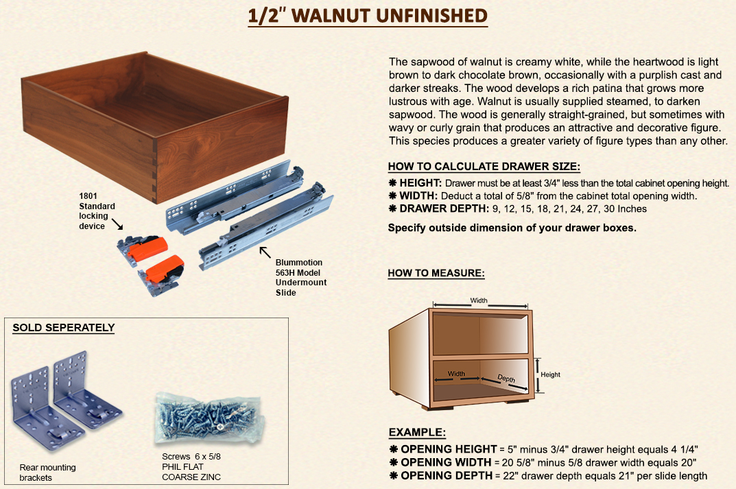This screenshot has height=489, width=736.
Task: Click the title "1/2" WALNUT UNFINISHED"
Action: (368, 16)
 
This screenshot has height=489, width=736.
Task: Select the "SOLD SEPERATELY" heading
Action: (63, 328)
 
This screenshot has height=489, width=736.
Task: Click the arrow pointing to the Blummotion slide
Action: (265, 252)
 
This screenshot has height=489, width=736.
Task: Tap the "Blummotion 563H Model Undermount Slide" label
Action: (301, 277)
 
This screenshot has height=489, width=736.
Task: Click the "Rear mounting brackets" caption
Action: (47, 472)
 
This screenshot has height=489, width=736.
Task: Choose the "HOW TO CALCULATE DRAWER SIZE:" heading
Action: (484, 167)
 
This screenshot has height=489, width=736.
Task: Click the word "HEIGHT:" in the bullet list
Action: (420, 183)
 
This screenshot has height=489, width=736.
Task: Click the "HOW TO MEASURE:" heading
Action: (436, 273)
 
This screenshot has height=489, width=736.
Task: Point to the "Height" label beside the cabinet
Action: (550, 374)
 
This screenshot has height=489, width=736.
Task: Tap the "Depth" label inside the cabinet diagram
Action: (506, 379)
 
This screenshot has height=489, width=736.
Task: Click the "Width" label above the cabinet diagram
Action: (479, 300)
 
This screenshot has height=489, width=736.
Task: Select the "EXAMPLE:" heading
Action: (417, 432)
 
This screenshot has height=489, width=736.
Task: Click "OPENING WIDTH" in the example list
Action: (446, 462)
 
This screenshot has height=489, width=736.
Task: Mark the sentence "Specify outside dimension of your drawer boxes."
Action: (512, 228)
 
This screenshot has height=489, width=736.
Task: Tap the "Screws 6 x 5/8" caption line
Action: (191, 456)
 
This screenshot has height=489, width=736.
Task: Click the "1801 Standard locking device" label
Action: (97, 211)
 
